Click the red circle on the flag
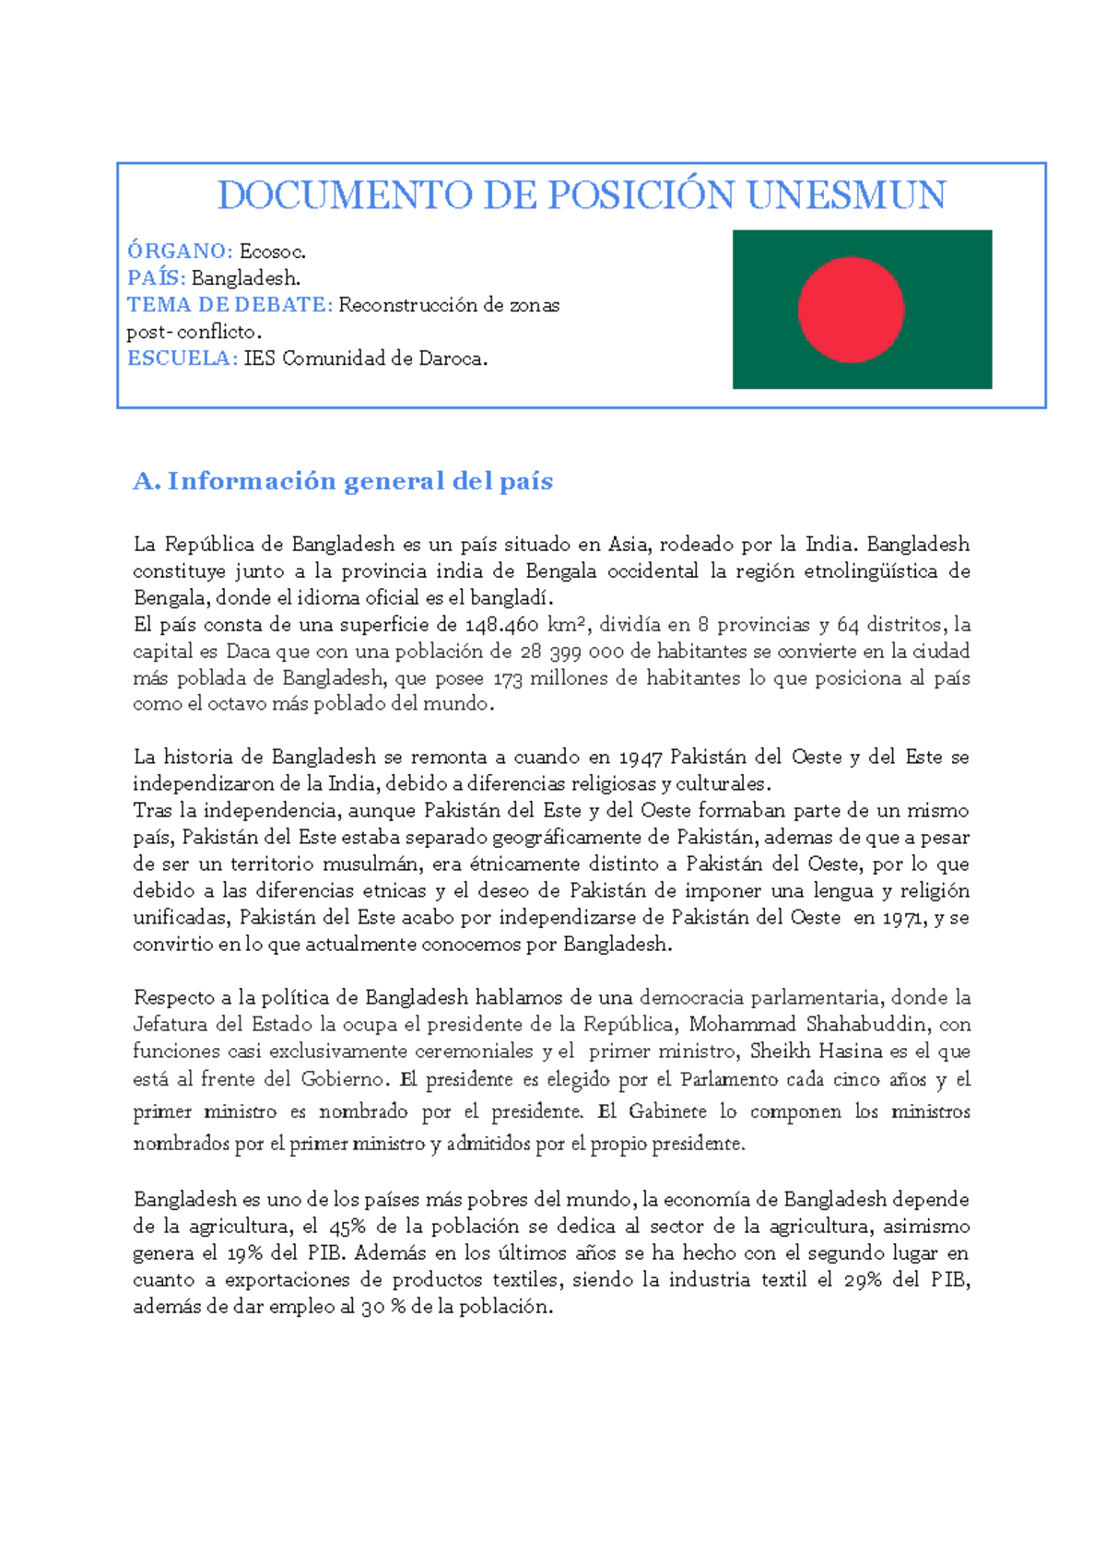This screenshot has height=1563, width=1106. [x=851, y=310]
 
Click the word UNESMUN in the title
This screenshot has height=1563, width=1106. [x=846, y=195]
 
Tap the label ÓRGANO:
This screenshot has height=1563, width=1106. [x=180, y=251]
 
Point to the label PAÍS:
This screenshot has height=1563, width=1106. [x=157, y=277]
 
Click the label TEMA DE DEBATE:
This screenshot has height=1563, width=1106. [x=229, y=305]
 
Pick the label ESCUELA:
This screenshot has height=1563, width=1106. [x=182, y=358]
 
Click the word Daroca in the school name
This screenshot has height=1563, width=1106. [x=453, y=358]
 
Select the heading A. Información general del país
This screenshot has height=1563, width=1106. [x=343, y=481]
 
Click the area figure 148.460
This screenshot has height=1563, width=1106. [x=501, y=625]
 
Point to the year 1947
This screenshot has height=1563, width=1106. [x=641, y=758]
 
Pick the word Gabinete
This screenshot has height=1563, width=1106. [x=667, y=1111]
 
